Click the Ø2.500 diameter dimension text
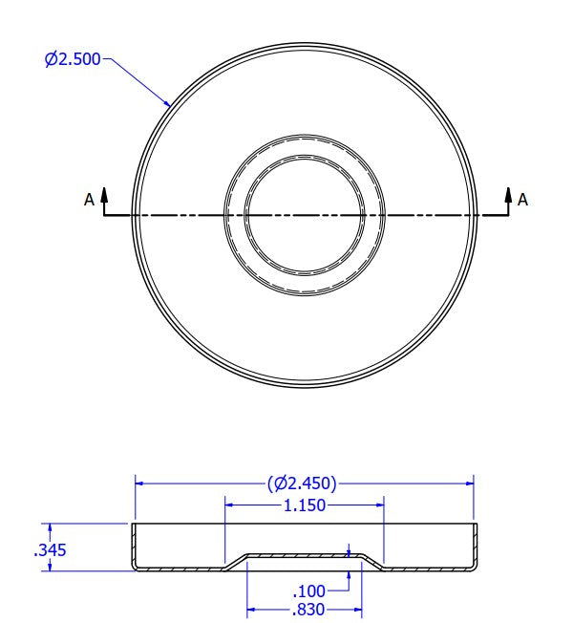click(x=73, y=59)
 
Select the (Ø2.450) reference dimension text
click(x=302, y=483)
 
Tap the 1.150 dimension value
click(x=305, y=505)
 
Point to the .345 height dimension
click(x=50, y=550)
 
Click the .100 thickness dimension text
click(x=308, y=591)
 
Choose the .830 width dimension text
click(x=308, y=609)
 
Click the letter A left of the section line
click(x=90, y=200)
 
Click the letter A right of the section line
click(x=522, y=200)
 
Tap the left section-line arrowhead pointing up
click(x=104, y=194)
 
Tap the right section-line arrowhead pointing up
click(x=508, y=194)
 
